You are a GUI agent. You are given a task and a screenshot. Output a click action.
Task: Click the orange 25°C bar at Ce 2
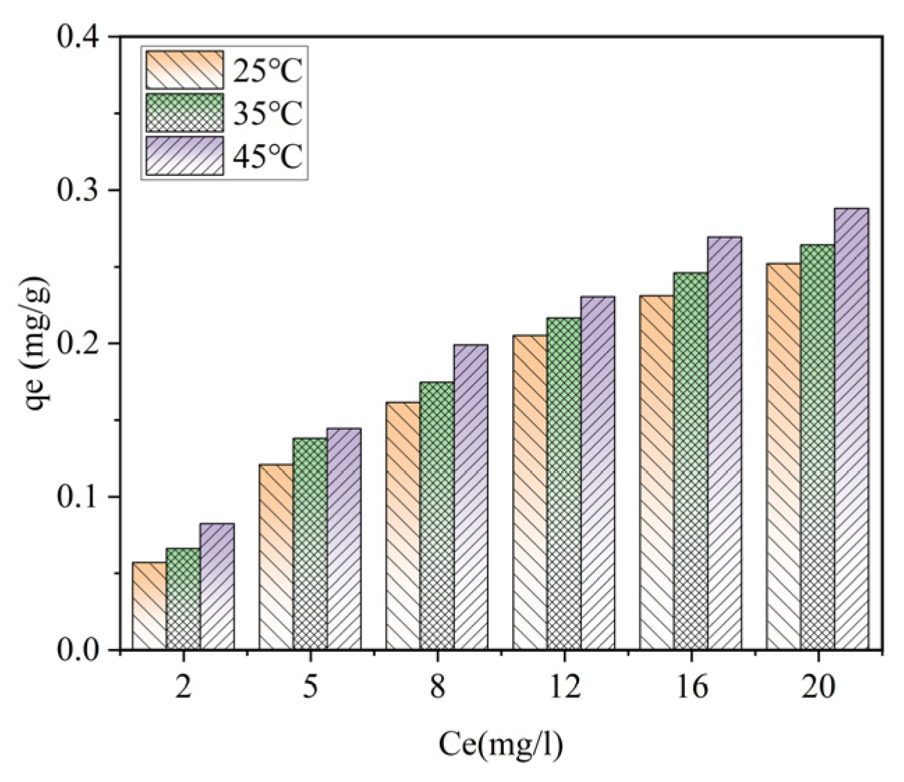point(149,606)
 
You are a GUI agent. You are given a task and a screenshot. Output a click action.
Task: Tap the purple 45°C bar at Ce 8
point(470,497)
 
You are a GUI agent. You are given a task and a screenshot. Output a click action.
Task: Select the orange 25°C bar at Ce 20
point(783,456)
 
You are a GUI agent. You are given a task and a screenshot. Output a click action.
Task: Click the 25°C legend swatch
point(184,70)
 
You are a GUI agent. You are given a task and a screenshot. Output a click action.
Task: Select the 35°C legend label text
point(268,113)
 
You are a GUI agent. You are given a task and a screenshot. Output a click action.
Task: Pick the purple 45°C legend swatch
point(184,155)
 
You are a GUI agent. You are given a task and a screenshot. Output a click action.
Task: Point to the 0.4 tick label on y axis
point(77,37)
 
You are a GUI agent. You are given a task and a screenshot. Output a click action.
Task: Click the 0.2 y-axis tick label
point(77,344)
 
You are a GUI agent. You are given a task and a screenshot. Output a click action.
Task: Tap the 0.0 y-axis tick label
point(77,650)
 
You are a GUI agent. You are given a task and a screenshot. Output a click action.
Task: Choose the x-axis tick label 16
point(690,687)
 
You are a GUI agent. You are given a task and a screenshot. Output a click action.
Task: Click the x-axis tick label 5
point(310,687)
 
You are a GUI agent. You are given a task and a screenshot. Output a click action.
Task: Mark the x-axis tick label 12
point(564,687)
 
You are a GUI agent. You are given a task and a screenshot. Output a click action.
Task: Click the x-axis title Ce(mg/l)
point(500,744)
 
